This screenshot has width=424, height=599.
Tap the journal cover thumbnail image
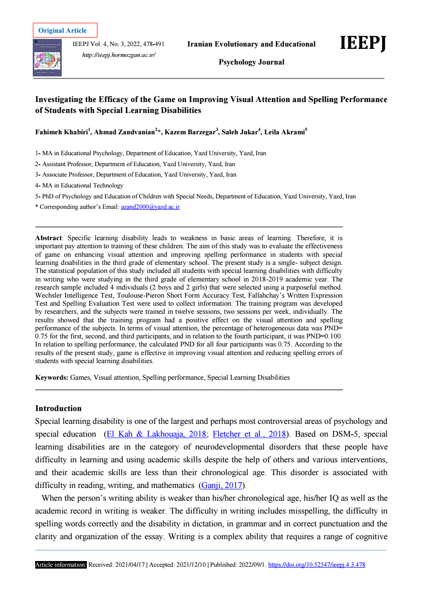[47, 57]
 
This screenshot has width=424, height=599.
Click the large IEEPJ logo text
[363, 43]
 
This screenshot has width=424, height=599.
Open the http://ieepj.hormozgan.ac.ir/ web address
[119, 55]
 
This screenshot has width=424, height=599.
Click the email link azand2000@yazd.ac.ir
[151, 207]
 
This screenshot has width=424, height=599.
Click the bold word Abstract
[48, 238]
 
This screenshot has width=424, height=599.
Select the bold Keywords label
[52, 377]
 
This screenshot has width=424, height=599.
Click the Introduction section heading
[58, 408]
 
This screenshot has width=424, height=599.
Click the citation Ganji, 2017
[222, 485]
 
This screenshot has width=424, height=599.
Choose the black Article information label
[61, 565]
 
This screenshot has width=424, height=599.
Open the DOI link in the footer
[317, 565]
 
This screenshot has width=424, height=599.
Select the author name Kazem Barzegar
[189, 132]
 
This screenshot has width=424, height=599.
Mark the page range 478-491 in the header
[152, 44]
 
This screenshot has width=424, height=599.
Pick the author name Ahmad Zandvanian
[124, 132]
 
